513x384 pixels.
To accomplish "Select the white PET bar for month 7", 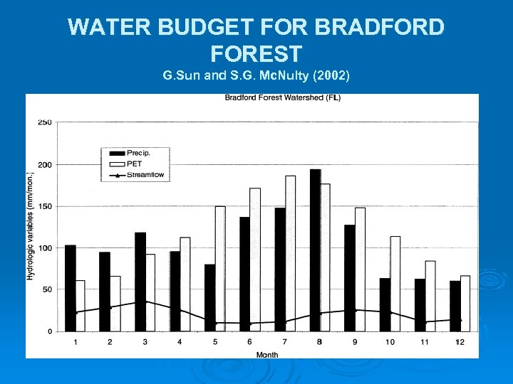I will (290, 253).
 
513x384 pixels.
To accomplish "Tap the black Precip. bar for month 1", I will (70, 288).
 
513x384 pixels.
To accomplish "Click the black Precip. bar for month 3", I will (140, 282).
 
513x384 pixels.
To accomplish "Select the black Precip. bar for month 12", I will (455, 306).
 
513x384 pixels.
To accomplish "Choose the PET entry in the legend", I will (134, 164).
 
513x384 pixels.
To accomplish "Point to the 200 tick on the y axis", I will (44, 165).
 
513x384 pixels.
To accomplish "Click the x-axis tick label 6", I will (249, 342).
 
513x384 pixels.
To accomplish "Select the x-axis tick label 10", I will (390, 342).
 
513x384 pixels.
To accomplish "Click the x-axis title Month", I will (267, 353).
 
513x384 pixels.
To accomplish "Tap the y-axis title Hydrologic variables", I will (31, 226).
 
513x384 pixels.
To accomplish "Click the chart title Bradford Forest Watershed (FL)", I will (282, 98).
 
